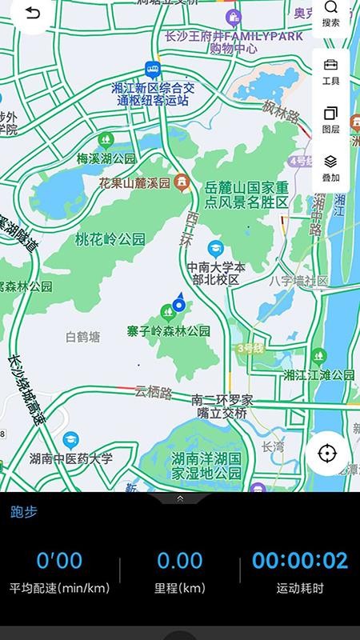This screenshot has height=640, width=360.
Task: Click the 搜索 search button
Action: [x=331, y=14]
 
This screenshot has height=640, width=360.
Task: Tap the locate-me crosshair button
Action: [x=326, y=454]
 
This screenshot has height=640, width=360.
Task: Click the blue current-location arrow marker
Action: [x=178, y=302]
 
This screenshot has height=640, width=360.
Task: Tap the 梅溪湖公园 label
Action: [x=106, y=158]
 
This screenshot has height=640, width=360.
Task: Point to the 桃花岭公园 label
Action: [x=110, y=238]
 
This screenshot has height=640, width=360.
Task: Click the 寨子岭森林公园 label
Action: [x=168, y=330]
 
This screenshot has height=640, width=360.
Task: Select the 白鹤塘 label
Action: [x=83, y=337]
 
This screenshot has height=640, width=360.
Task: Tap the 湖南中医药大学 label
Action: [x=71, y=458]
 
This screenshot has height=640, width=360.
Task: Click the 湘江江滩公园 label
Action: [x=319, y=374]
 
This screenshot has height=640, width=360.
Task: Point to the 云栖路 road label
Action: [x=154, y=392]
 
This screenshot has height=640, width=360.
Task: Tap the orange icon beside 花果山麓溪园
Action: [x=182, y=182]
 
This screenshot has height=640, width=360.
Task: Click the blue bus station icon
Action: [x=151, y=70]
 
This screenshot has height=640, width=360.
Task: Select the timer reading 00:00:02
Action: [x=300, y=560]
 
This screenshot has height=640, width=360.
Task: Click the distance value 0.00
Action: [x=179, y=560]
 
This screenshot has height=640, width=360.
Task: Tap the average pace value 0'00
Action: [x=59, y=560]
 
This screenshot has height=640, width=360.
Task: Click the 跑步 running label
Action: [x=24, y=512]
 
